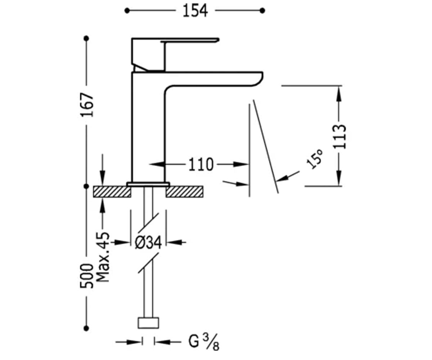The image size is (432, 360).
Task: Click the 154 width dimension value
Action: [195, 11]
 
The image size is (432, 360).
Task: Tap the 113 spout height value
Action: [339, 136]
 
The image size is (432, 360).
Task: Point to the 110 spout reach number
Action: [201, 165]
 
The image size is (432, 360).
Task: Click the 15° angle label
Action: [315, 158]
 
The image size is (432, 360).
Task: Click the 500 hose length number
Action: [87, 276]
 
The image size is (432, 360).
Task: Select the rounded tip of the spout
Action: [258, 79]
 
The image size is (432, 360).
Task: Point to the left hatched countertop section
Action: [112, 192]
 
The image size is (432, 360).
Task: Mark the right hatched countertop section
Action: [184, 192]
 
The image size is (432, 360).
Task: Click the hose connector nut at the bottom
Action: [148, 323]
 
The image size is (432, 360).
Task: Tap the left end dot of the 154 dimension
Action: [127, 10]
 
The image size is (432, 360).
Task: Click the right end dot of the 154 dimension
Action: [262, 10]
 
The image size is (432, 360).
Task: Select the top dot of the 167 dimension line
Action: [86, 39]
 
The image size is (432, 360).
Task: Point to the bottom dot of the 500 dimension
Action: [86, 328]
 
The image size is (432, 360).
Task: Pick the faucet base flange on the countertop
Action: [148, 184]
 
